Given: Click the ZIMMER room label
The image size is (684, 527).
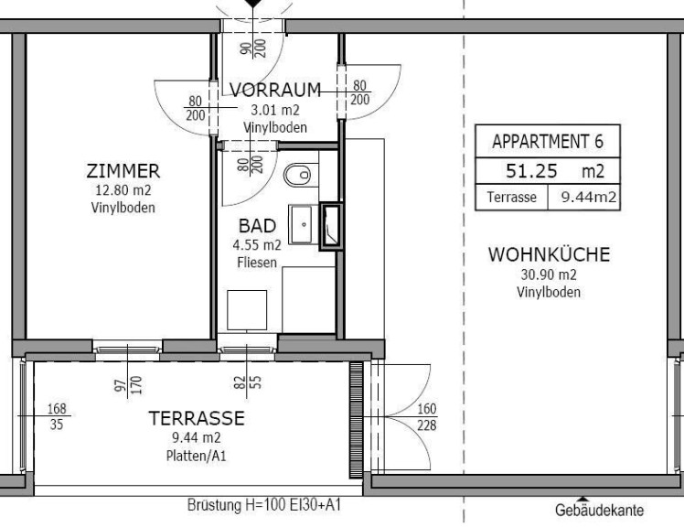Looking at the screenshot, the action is [x=123, y=171].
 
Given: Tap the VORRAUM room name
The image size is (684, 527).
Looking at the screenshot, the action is [x=275, y=90].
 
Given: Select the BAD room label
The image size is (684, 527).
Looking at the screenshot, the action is [x=257, y=226].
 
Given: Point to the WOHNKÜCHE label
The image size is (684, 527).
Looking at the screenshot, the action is [x=550, y=254].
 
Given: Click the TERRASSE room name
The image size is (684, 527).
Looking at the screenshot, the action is [x=197, y=418].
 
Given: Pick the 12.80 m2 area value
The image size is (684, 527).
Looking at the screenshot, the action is [x=123, y=190].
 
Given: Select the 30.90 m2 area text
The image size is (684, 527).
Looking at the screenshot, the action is [x=549, y=274].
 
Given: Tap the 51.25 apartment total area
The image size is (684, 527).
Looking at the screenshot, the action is [x=531, y=171].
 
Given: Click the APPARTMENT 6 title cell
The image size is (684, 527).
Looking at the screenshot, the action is [x=548, y=141].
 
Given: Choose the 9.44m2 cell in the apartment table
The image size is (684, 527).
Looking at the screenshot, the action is [x=583, y=198].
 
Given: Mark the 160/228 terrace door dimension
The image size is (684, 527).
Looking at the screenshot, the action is [x=427, y=417].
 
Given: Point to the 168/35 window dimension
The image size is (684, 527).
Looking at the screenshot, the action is [x=57, y=416].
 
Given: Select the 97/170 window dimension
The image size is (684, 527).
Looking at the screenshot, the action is [x=128, y=384].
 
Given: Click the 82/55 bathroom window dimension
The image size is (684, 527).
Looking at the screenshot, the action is [x=247, y=382].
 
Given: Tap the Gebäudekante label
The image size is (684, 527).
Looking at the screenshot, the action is [x=599, y=510].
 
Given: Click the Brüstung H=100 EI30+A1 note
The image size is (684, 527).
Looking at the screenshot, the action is [x=264, y=505].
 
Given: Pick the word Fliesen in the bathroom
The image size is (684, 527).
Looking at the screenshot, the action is [x=257, y=263].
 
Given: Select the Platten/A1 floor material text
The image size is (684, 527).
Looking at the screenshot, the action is [x=197, y=457].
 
